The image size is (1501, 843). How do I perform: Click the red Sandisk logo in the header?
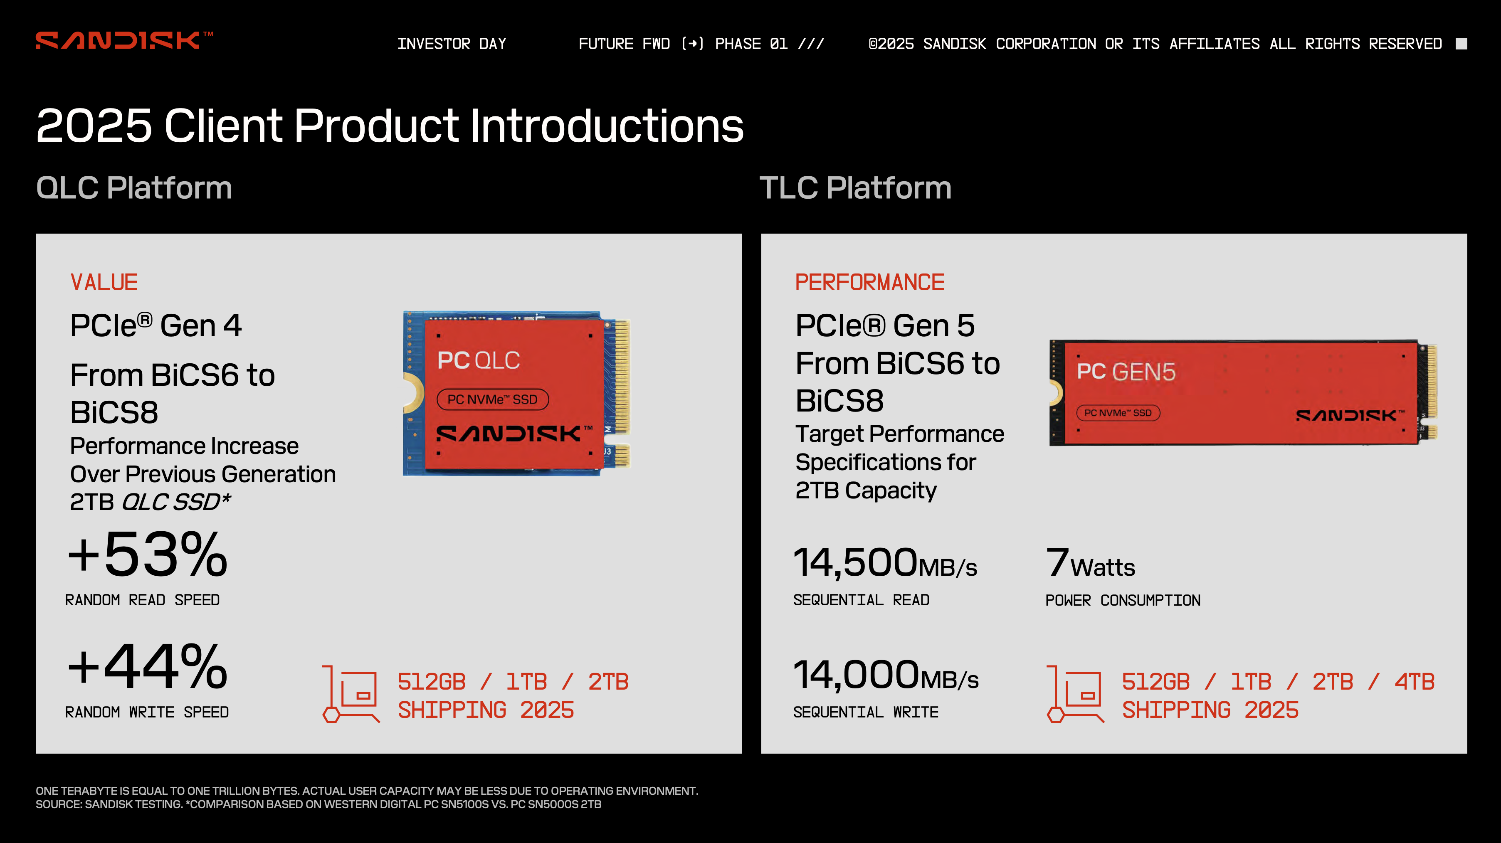coord(124,40)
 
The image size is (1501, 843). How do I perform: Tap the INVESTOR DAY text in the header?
coord(452,44)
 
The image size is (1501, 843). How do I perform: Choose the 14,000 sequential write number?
coord(857,675)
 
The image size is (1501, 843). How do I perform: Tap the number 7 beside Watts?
coord(1057,563)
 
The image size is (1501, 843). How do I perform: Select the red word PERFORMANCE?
coord(869,283)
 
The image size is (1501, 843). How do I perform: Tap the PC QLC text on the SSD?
coord(479,361)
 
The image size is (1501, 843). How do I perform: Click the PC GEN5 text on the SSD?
coord(1126,372)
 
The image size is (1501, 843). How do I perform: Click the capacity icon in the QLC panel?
coord(351,694)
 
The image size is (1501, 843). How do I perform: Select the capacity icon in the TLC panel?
coord(1075,694)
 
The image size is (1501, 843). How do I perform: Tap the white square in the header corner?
coord(1461,44)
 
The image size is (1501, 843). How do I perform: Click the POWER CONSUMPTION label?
coord(1123,600)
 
